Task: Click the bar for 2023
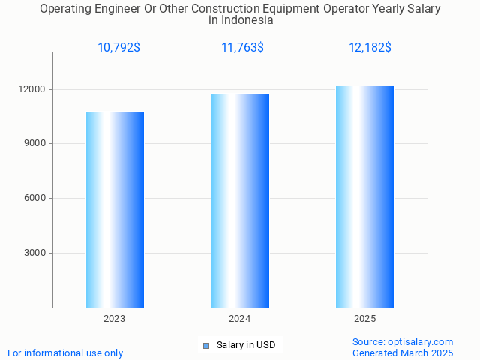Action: click(x=115, y=209)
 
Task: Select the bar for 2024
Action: click(x=240, y=200)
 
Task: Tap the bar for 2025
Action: click(x=364, y=196)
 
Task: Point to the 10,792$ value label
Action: click(x=118, y=48)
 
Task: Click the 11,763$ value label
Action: click(x=242, y=48)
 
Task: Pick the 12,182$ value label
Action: click(x=370, y=48)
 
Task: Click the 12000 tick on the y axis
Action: click(x=34, y=89)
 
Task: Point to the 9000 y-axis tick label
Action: click(x=36, y=143)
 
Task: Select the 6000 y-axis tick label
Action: click(x=36, y=198)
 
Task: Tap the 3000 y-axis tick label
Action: click(x=36, y=253)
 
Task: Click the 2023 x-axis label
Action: click(x=115, y=319)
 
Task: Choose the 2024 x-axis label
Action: click(x=240, y=319)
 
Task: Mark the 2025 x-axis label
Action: click(x=364, y=319)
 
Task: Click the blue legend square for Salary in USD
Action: click(x=206, y=345)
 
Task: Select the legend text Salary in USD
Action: click(x=246, y=345)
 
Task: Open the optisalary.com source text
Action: click(x=403, y=341)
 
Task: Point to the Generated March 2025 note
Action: click(x=403, y=352)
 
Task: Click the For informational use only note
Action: click(x=65, y=352)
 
